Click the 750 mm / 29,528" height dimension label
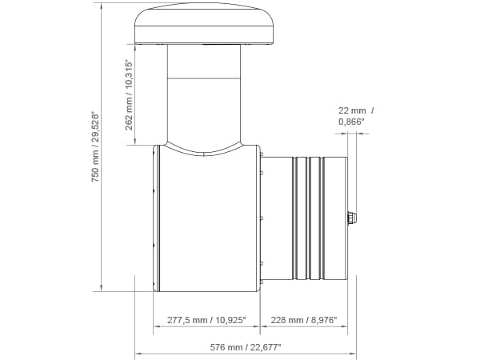[95, 147]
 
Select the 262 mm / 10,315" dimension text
[129, 95]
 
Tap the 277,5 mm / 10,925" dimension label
[206, 320]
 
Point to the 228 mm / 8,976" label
[304, 320]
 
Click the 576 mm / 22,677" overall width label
[246, 347]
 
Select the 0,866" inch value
[351, 122]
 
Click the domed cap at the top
[203, 23]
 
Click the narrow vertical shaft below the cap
[204, 94]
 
